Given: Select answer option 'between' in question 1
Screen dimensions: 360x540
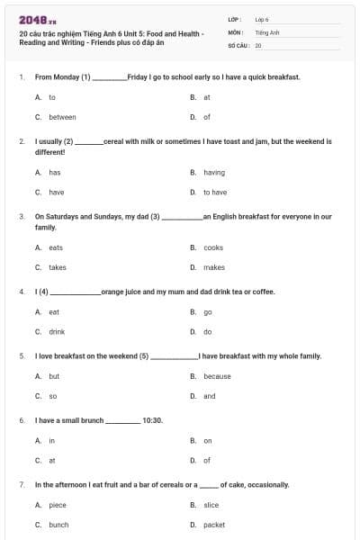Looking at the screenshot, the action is (62, 117).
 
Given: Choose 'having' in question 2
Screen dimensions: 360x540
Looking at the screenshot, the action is (214, 172).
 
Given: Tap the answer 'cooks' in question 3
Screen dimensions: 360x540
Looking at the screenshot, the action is (213, 247).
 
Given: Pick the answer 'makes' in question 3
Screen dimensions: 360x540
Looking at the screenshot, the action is (213, 267).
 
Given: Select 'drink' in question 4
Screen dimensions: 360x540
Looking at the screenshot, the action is (57, 332).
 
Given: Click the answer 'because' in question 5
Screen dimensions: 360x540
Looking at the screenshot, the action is (217, 376).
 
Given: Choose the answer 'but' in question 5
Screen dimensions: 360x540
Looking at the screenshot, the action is (54, 376).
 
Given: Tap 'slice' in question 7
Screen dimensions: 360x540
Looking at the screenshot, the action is (211, 505).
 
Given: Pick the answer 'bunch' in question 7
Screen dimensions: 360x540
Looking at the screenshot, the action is (58, 525).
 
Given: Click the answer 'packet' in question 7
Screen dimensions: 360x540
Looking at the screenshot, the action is (214, 525).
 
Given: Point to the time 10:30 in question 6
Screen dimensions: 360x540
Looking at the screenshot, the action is (153, 420).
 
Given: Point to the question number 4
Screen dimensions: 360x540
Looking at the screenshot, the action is (22, 292).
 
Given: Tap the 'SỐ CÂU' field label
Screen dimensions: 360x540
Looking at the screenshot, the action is (237, 44).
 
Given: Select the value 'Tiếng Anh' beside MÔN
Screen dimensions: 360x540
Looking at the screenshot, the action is (267, 31).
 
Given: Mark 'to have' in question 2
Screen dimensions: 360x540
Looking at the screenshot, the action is (215, 192).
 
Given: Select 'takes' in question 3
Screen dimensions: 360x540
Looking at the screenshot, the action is (58, 267).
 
